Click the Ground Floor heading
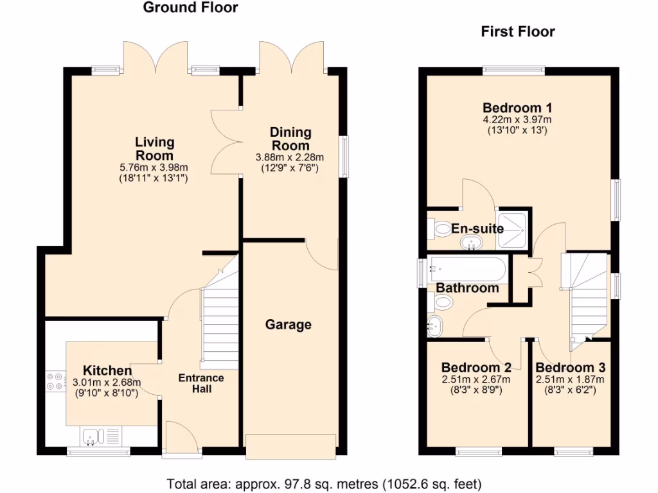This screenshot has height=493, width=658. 190,8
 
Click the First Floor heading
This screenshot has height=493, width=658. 518,31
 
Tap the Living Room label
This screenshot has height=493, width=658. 154,149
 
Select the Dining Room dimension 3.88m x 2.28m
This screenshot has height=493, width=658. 290,158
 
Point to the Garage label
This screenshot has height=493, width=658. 289,325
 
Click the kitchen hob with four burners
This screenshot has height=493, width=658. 55,383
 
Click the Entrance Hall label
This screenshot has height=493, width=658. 201,383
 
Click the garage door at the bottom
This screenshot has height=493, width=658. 290,446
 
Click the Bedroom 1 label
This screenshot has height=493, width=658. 517,108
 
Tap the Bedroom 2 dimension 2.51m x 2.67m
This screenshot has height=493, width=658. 476,379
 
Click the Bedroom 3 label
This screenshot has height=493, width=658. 570,368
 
